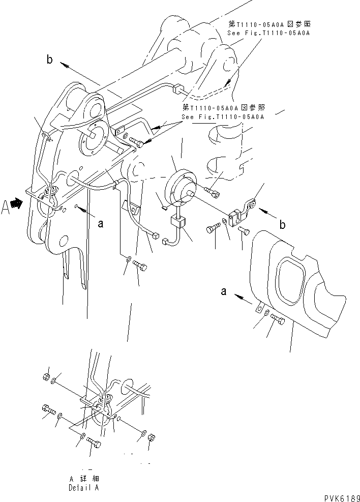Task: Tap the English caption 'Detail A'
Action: point(84,487)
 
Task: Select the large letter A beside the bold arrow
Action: point(7,209)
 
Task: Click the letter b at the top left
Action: point(49,61)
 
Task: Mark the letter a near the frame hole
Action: point(101,223)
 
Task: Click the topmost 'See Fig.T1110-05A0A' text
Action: point(268,33)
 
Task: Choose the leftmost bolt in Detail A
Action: point(47,409)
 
